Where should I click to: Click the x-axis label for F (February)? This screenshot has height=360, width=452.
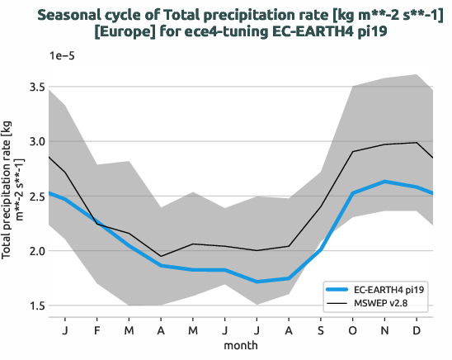[x=97, y=330]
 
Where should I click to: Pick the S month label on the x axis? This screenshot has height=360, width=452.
[x=321, y=330]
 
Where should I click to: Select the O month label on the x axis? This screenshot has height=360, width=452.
[x=353, y=330]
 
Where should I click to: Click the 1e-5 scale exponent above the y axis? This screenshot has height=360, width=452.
[x=64, y=55]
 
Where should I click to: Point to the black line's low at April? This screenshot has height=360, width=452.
[x=162, y=256]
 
